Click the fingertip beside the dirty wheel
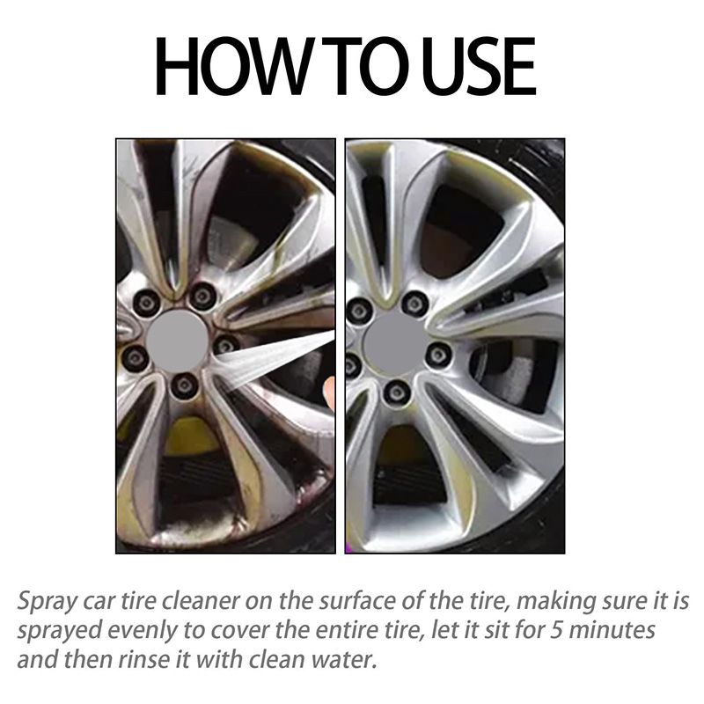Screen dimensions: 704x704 pos(330,390)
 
